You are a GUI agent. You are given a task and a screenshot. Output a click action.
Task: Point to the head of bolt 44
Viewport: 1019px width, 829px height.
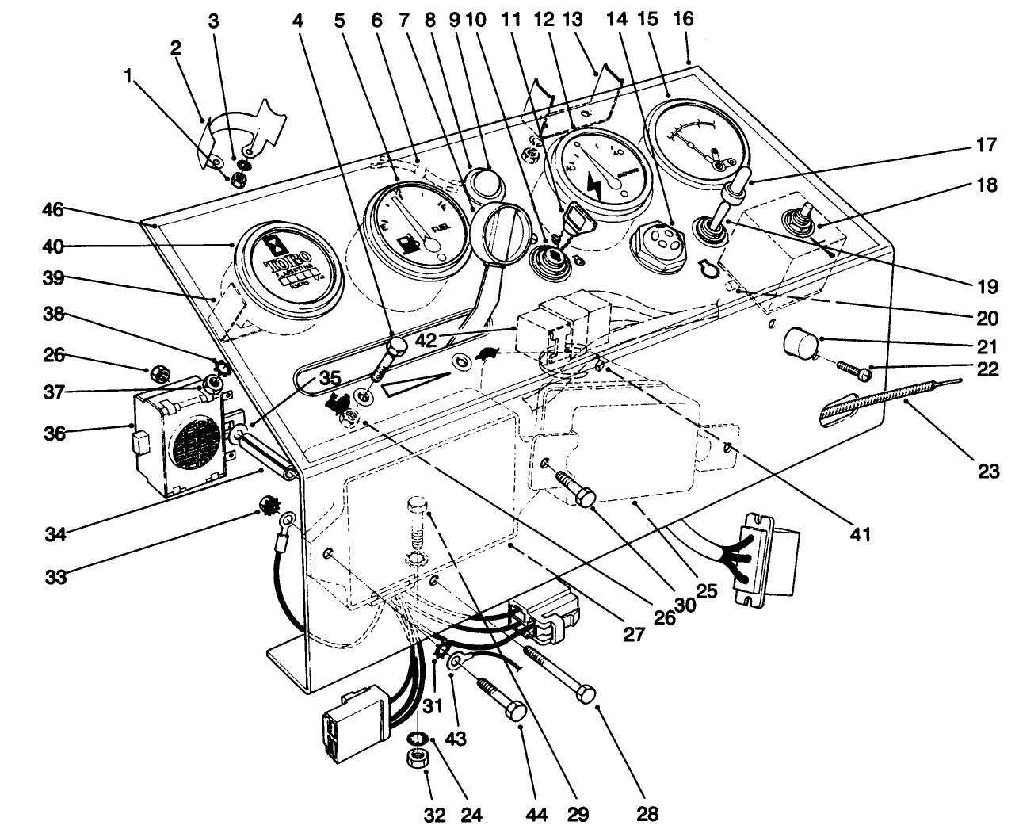click(x=515, y=712)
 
